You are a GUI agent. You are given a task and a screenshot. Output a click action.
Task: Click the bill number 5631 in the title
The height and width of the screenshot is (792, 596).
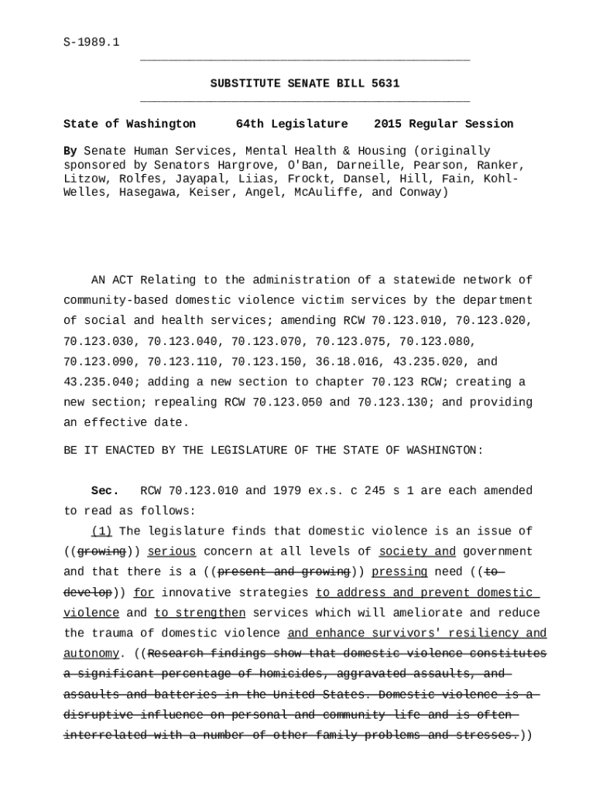click(x=385, y=84)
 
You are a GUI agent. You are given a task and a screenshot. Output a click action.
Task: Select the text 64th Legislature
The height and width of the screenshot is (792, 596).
click(x=292, y=124)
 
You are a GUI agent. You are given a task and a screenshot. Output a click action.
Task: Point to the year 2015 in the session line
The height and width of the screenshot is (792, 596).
click(x=388, y=124)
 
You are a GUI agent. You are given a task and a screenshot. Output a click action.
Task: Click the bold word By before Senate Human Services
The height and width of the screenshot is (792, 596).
click(x=70, y=151)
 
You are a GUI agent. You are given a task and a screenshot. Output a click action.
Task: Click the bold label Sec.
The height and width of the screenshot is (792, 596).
click(x=105, y=490)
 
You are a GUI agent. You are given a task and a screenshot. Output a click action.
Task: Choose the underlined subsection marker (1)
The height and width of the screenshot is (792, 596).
click(x=102, y=531)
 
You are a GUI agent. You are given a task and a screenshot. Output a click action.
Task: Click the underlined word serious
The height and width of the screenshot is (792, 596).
click(x=171, y=551)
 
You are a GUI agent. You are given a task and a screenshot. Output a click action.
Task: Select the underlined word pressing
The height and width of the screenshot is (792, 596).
click(x=399, y=572)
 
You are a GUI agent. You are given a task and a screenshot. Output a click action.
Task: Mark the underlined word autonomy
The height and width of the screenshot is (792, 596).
click(x=91, y=654)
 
